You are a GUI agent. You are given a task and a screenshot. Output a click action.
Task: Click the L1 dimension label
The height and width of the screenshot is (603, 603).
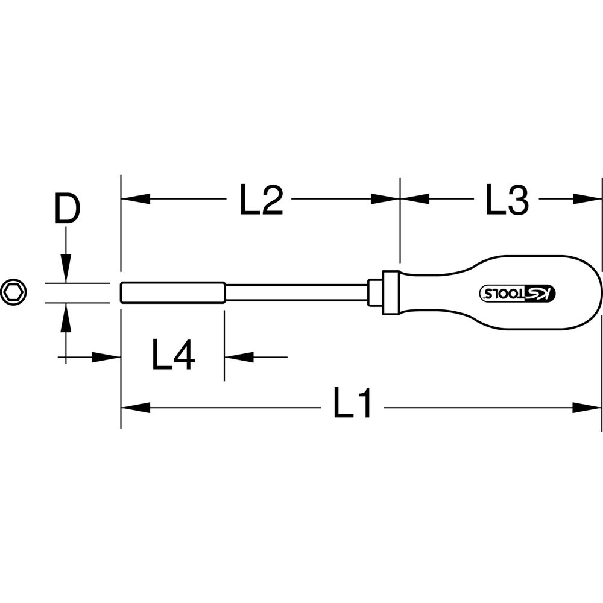(x=352, y=402)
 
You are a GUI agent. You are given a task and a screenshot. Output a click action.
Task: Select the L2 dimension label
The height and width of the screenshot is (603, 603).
(x=262, y=200)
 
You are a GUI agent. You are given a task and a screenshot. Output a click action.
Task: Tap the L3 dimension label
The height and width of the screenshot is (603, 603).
(x=507, y=200)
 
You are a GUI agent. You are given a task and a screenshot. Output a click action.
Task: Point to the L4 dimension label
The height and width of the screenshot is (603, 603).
(x=174, y=355)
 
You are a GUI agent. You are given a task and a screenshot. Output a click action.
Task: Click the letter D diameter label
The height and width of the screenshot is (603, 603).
(x=67, y=208)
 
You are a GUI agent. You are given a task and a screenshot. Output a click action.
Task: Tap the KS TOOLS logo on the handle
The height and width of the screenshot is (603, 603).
(x=517, y=293)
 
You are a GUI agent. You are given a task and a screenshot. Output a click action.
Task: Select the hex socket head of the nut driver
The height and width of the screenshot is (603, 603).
(x=172, y=292)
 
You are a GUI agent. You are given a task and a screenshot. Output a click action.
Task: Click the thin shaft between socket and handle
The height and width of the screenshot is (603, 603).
(x=297, y=292)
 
